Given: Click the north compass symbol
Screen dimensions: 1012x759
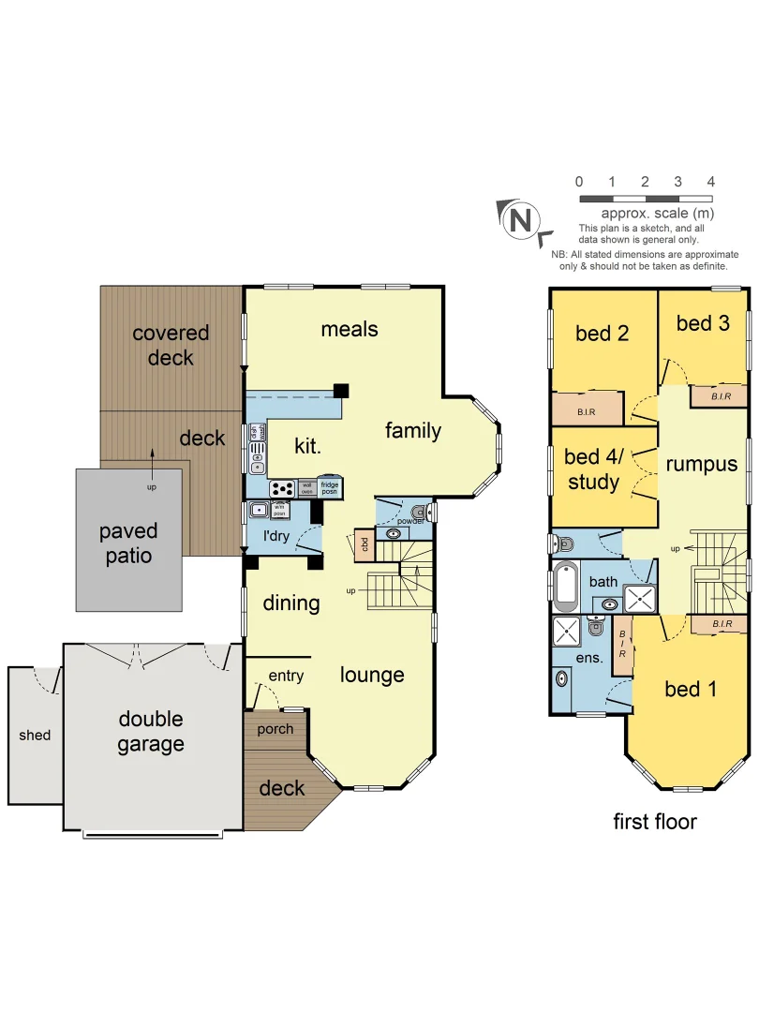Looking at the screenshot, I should click(521, 220).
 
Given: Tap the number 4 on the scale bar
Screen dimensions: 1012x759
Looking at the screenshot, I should click(710, 182).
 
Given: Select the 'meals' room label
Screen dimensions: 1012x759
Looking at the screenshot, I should click(350, 329).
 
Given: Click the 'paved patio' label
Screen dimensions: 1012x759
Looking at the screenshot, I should click(128, 543).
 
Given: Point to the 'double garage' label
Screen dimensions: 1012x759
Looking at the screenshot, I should click(151, 732).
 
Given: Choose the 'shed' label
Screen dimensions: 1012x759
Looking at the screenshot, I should click(35, 736).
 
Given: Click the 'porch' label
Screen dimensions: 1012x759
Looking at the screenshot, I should click(275, 729).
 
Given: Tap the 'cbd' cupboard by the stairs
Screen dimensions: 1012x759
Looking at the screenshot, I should click(362, 544).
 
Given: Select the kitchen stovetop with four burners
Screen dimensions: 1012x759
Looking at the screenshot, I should click(282, 488).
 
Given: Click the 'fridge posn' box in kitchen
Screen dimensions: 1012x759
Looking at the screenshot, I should click(329, 488).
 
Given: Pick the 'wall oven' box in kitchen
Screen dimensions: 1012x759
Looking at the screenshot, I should click(306, 488).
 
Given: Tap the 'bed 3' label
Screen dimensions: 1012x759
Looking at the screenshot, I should click(703, 323).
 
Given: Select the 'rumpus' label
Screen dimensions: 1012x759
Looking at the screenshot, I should click(701, 464).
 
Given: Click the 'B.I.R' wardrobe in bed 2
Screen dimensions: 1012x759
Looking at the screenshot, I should click(588, 409).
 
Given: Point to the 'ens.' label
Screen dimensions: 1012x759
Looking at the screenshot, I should click(588, 657).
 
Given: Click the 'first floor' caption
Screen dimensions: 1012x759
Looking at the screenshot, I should click(655, 822).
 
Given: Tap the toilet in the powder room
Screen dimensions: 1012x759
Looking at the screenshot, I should click(420, 512).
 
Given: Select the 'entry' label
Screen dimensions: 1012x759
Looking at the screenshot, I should click(285, 676).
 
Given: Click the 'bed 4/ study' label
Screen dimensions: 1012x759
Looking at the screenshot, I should click(592, 469).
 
